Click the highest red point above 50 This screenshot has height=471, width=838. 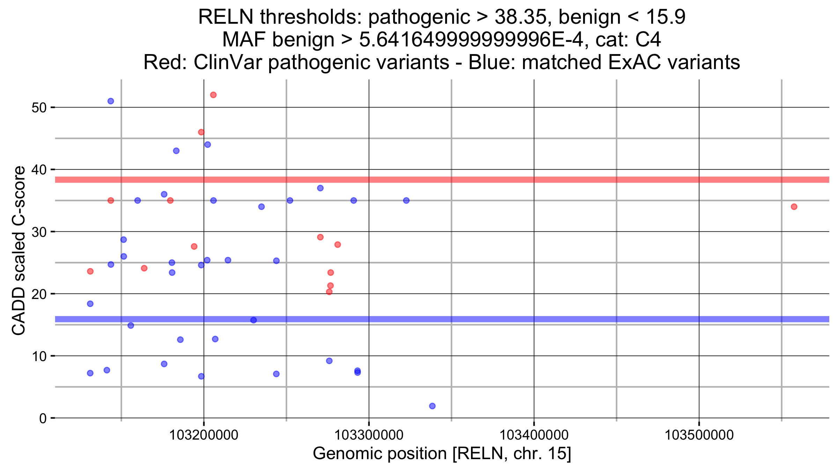tap(213, 95)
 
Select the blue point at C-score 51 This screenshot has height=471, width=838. tap(111, 101)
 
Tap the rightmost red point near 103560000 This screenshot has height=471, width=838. tap(794, 207)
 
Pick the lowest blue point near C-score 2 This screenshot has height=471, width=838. tap(432, 406)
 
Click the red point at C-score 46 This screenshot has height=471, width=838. tap(201, 132)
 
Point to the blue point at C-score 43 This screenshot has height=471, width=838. tap(176, 151)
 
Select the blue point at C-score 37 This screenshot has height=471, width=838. tap(320, 188)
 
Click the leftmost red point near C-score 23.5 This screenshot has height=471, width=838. tap(90, 271)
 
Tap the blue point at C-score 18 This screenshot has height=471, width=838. tap(90, 304)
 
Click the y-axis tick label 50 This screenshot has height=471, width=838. tap(39, 107)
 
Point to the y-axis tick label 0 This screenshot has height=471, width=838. tap(43, 418)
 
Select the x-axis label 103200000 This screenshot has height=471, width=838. tap(204, 435)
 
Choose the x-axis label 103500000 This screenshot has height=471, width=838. tap(699, 435)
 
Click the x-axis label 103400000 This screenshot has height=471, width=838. tap(534, 435)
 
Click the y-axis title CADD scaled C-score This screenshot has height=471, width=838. tap(19, 251)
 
